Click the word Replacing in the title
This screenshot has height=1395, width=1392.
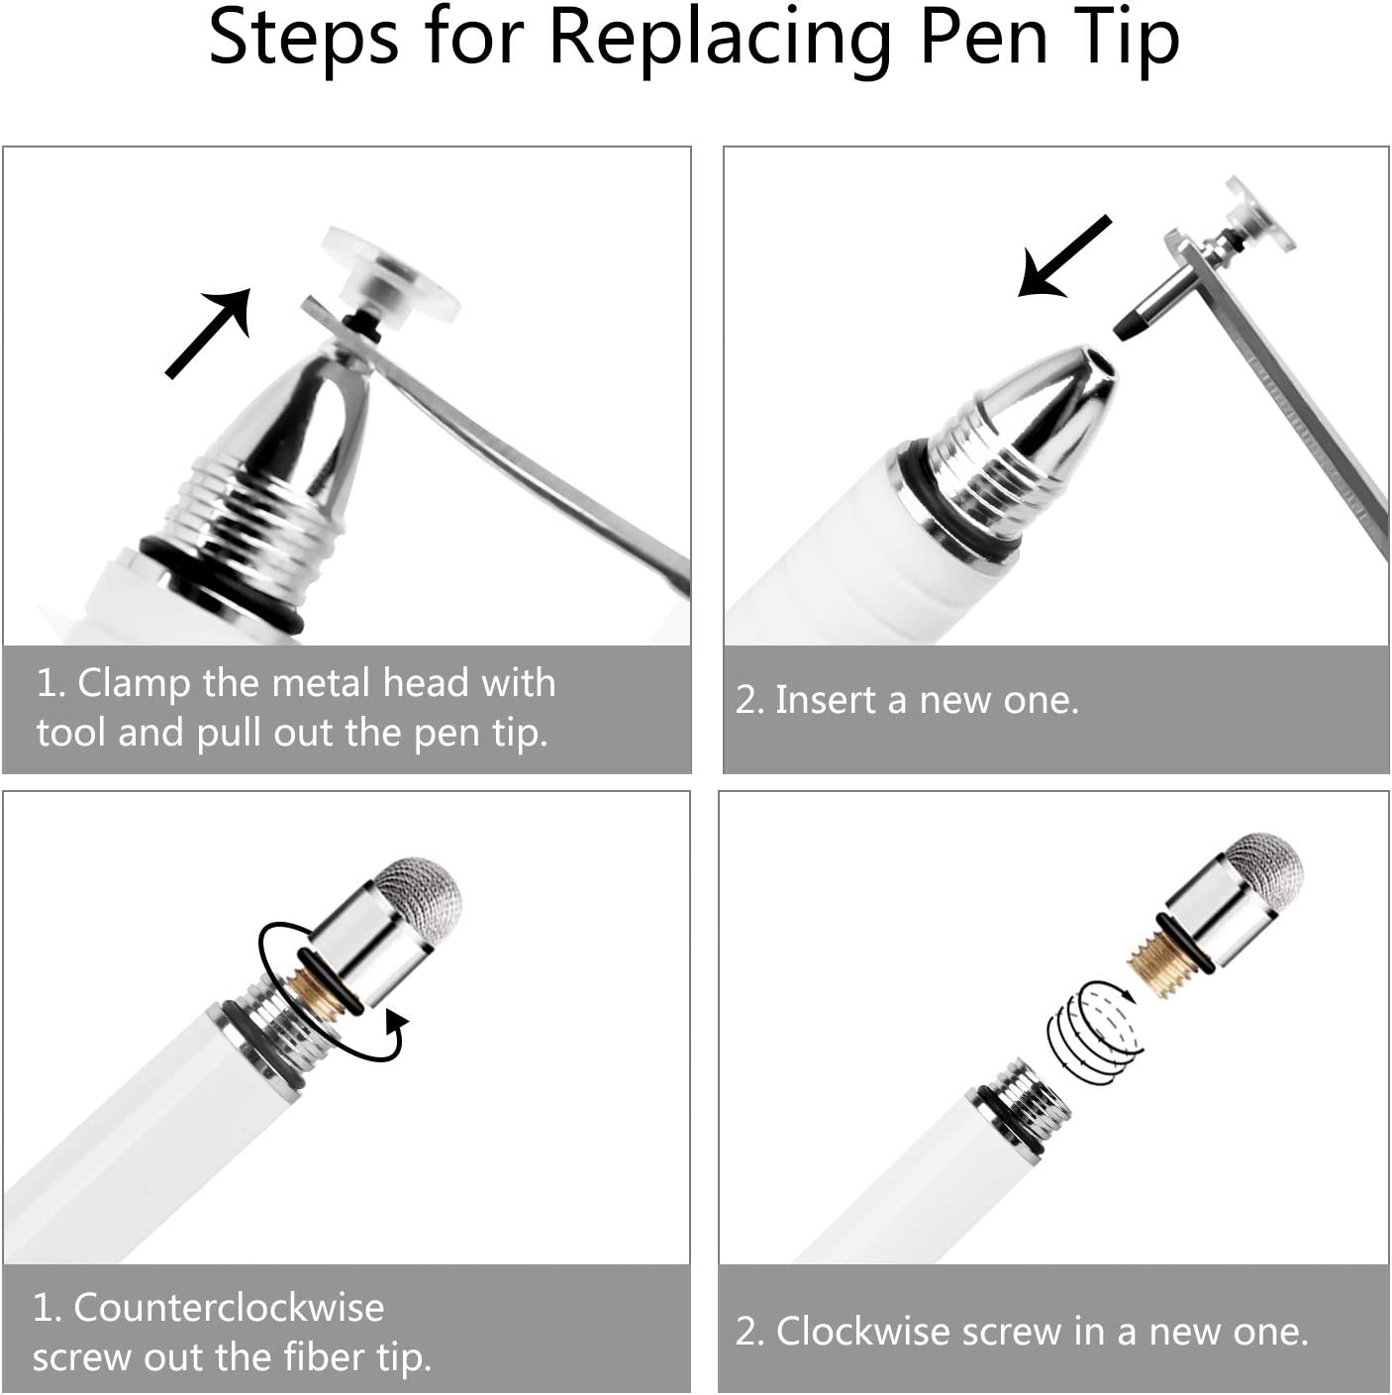(720, 39)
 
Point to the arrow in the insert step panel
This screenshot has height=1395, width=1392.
(1064, 256)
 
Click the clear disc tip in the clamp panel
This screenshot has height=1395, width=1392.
(391, 276)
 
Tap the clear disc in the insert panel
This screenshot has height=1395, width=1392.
(1259, 216)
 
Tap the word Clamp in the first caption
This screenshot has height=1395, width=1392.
(133, 684)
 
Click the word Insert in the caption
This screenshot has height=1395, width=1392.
(826, 700)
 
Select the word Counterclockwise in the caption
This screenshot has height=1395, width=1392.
(229, 1308)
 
